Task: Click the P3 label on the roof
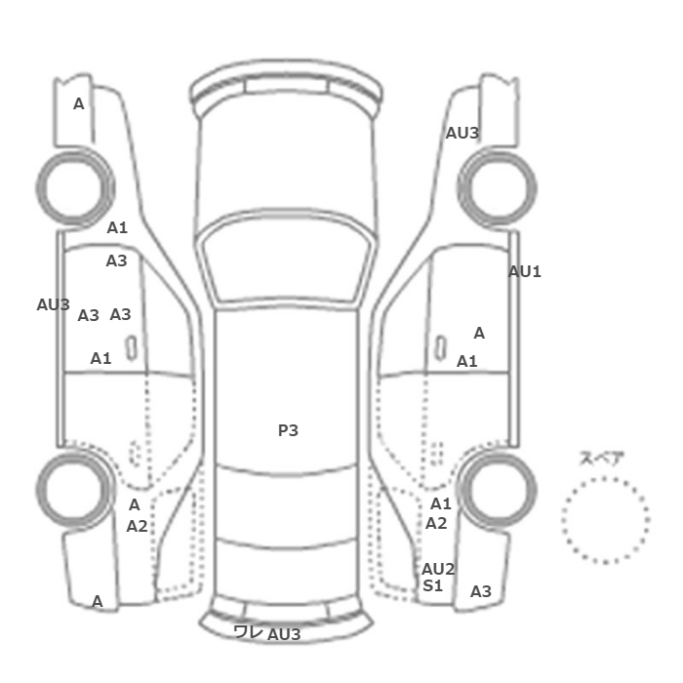pyautogui.click(x=288, y=430)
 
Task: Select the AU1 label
pyautogui.click(x=525, y=272)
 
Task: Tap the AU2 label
pyautogui.click(x=438, y=569)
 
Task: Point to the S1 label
pyautogui.click(x=432, y=585)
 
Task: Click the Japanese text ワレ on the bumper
pyautogui.click(x=248, y=631)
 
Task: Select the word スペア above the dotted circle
pyautogui.click(x=602, y=459)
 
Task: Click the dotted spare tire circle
pyautogui.click(x=606, y=478)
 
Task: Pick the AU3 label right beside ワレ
pyautogui.click(x=284, y=634)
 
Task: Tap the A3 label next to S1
pyautogui.click(x=481, y=591)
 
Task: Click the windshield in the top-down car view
pyautogui.click(x=286, y=257)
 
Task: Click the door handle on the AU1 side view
pyautogui.click(x=440, y=348)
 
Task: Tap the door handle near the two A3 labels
pyautogui.click(x=131, y=348)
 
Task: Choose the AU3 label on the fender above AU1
pyautogui.click(x=462, y=134)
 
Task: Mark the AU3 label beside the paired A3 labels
pyautogui.click(x=53, y=304)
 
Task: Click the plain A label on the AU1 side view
pyautogui.click(x=479, y=334)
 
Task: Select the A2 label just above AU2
pyautogui.click(x=436, y=523)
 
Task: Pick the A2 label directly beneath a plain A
pyautogui.click(x=137, y=526)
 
